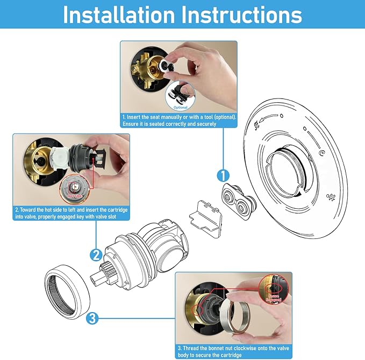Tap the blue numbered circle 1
(x=223, y=175)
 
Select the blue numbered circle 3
(x=92, y=319)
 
